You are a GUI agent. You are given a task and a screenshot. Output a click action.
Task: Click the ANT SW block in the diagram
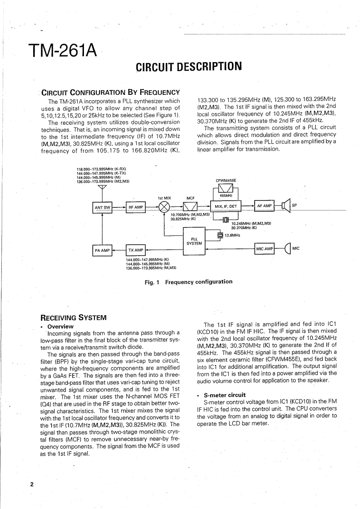click(102, 207)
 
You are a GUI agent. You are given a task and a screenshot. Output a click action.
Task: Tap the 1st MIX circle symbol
click(164, 207)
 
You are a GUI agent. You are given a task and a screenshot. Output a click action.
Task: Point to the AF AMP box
click(264, 206)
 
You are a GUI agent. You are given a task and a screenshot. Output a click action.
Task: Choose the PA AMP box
click(102, 250)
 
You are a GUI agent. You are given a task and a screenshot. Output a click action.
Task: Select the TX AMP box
click(135, 250)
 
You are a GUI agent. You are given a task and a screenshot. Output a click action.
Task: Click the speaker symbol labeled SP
click(286, 206)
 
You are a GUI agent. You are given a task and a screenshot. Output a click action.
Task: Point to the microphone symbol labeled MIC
click(287, 249)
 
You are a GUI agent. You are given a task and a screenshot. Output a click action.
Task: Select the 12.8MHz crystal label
click(232, 235)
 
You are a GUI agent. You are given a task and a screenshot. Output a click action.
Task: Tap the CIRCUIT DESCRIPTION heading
click(188, 68)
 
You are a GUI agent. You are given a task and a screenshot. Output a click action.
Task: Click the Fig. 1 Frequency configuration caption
click(188, 282)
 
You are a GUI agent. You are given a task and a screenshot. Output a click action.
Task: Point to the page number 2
click(32, 484)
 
